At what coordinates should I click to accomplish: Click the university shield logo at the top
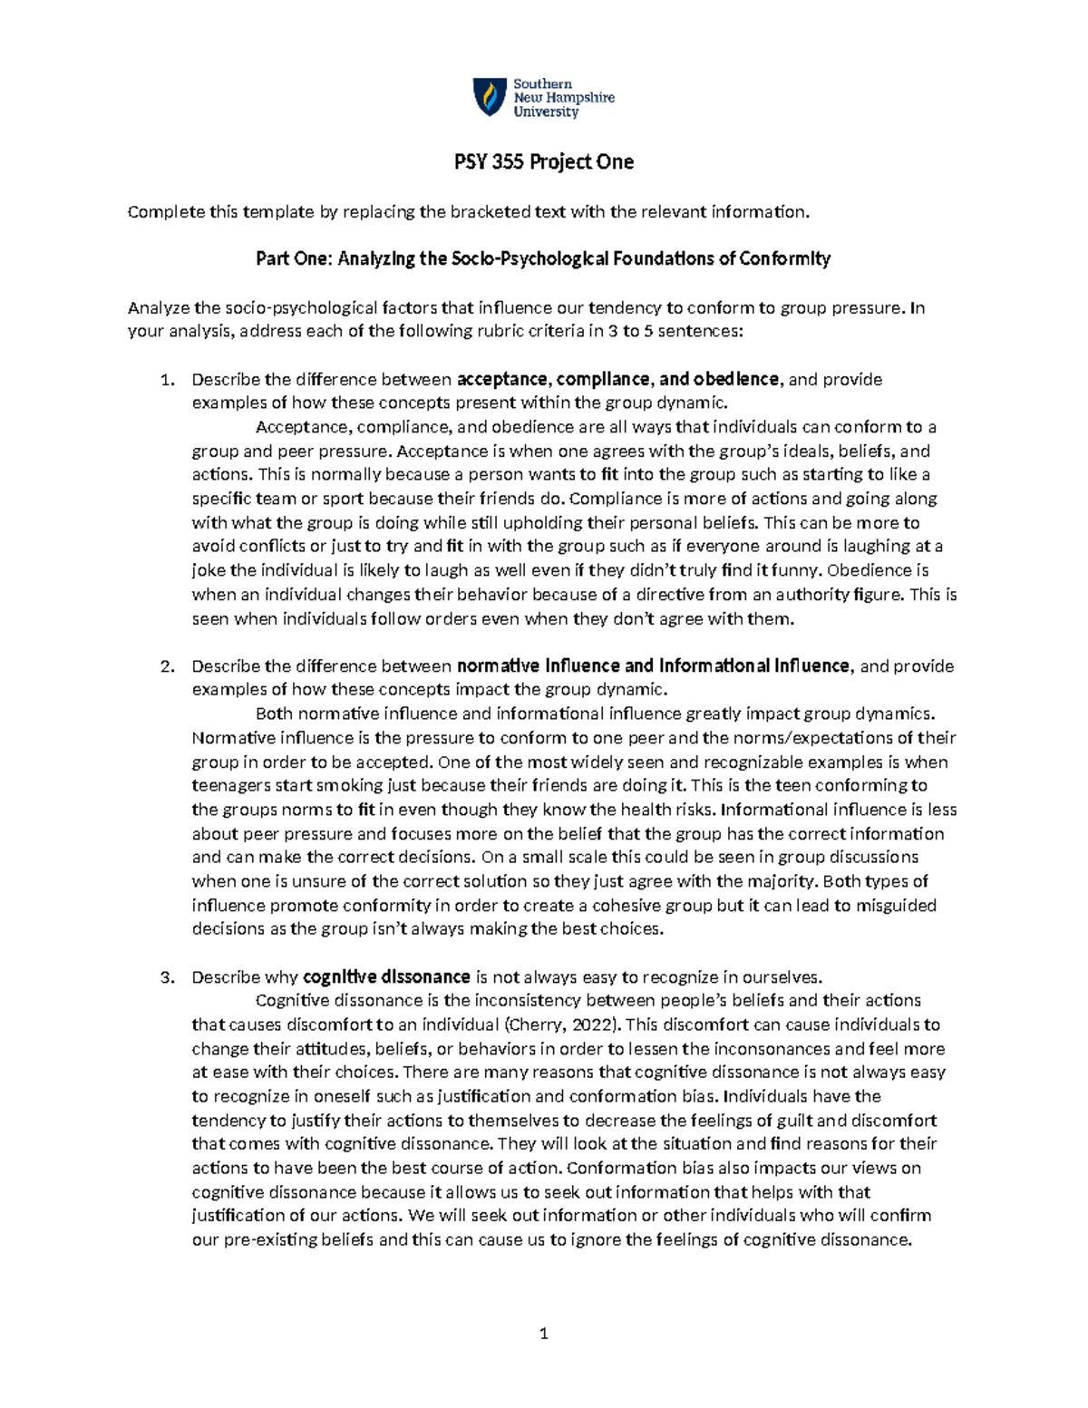(x=490, y=97)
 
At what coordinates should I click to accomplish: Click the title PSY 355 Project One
(x=543, y=162)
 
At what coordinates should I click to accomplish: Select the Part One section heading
(x=543, y=259)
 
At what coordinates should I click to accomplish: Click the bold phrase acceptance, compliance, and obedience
(x=617, y=379)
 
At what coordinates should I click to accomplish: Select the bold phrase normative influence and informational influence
(x=654, y=665)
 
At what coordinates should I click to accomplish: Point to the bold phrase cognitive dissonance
(x=386, y=976)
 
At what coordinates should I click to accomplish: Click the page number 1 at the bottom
(x=544, y=1333)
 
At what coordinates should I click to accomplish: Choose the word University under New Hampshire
(x=546, y=112)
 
